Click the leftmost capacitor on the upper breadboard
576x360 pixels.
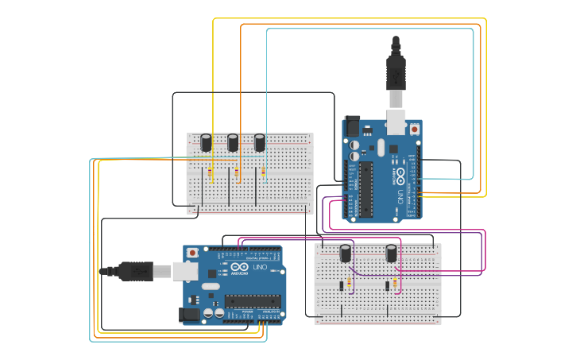(206, 142)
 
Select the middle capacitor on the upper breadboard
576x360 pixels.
(233, 142)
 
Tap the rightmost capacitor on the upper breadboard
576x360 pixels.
(260, 142)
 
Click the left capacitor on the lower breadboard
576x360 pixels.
(346, 253)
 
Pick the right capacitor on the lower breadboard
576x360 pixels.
(392, 253)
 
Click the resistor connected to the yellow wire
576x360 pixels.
(210, 172)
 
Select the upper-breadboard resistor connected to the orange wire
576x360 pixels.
(238, 172)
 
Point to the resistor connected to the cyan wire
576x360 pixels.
(264, 172)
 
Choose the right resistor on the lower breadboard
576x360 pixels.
(396, 284)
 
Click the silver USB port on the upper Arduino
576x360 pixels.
(395, 122)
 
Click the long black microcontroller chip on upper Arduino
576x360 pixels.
(366, 188)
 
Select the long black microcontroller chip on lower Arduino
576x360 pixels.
(252, 300)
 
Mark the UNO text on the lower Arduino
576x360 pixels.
(261, 267)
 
